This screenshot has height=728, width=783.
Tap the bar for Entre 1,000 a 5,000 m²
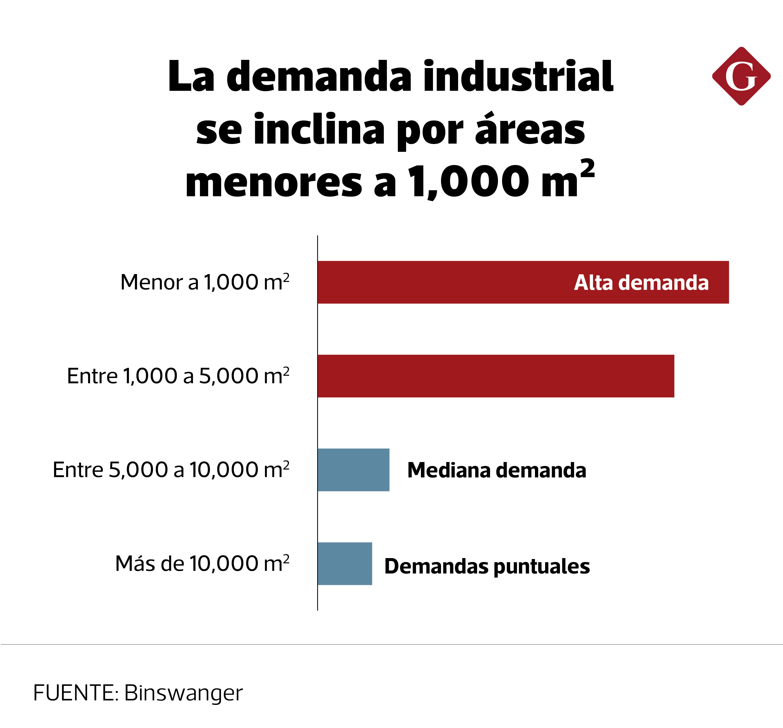496,376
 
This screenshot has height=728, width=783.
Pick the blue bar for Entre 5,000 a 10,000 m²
353,470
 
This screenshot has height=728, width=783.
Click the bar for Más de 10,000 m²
345,563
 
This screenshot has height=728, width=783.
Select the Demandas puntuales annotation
487,566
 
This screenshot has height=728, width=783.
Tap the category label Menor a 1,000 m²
205,282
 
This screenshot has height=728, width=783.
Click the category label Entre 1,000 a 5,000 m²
178,376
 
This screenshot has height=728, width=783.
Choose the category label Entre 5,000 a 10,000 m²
171,470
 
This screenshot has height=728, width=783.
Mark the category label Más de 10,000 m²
202,563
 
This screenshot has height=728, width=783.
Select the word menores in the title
273,182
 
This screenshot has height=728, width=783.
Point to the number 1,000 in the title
469,182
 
